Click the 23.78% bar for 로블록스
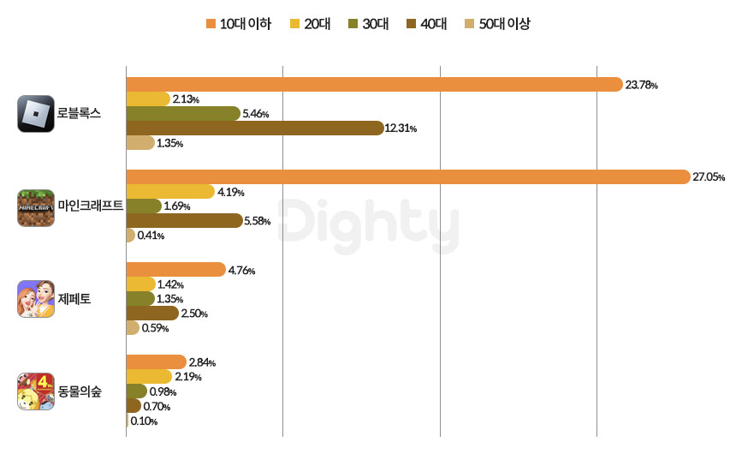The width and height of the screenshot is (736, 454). pyautogui.click(x=374, y=85)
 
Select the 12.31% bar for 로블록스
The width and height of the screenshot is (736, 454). pyautogui.click(x=254, y=128)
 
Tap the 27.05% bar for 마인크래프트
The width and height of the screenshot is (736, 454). pyautogui.click(x=407, y=177)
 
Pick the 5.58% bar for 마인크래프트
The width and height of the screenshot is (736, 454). pyautogui.click(x=184, y=221)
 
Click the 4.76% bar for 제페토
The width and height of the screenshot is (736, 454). pyautogui.click(x=175, y=270)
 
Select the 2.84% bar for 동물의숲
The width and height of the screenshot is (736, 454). pyautogui.click(x=156, y=362)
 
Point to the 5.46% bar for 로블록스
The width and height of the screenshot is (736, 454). pyautogui.click(x=183, y=114)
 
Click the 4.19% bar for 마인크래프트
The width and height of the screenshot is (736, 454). pyautogui.click(x=170, y=192)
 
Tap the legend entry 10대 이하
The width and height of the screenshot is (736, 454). pyautogui.click(x=239, y=24)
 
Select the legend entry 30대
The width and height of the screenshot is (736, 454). pyautogui.click(x=369, y=24)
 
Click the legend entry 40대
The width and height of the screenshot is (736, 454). pyautogui.click(x=427, y=24)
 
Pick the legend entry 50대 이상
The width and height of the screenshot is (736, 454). pyautogui.click(x=497, y=24)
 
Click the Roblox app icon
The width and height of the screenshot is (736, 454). pyautogui.click(x=36, y=114)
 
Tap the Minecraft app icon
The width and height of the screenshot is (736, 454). pyautogui.click(x=36, y=207)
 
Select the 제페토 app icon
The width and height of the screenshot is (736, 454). pyautogui.click(x=36, y=299)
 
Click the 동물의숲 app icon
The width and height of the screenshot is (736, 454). pyautogui.click(x=36, y=391)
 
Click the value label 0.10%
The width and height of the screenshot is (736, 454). pyautogui.click(x=144, y=421)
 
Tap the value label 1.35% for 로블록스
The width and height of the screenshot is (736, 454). pyautogui.click(x=169, y=143)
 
